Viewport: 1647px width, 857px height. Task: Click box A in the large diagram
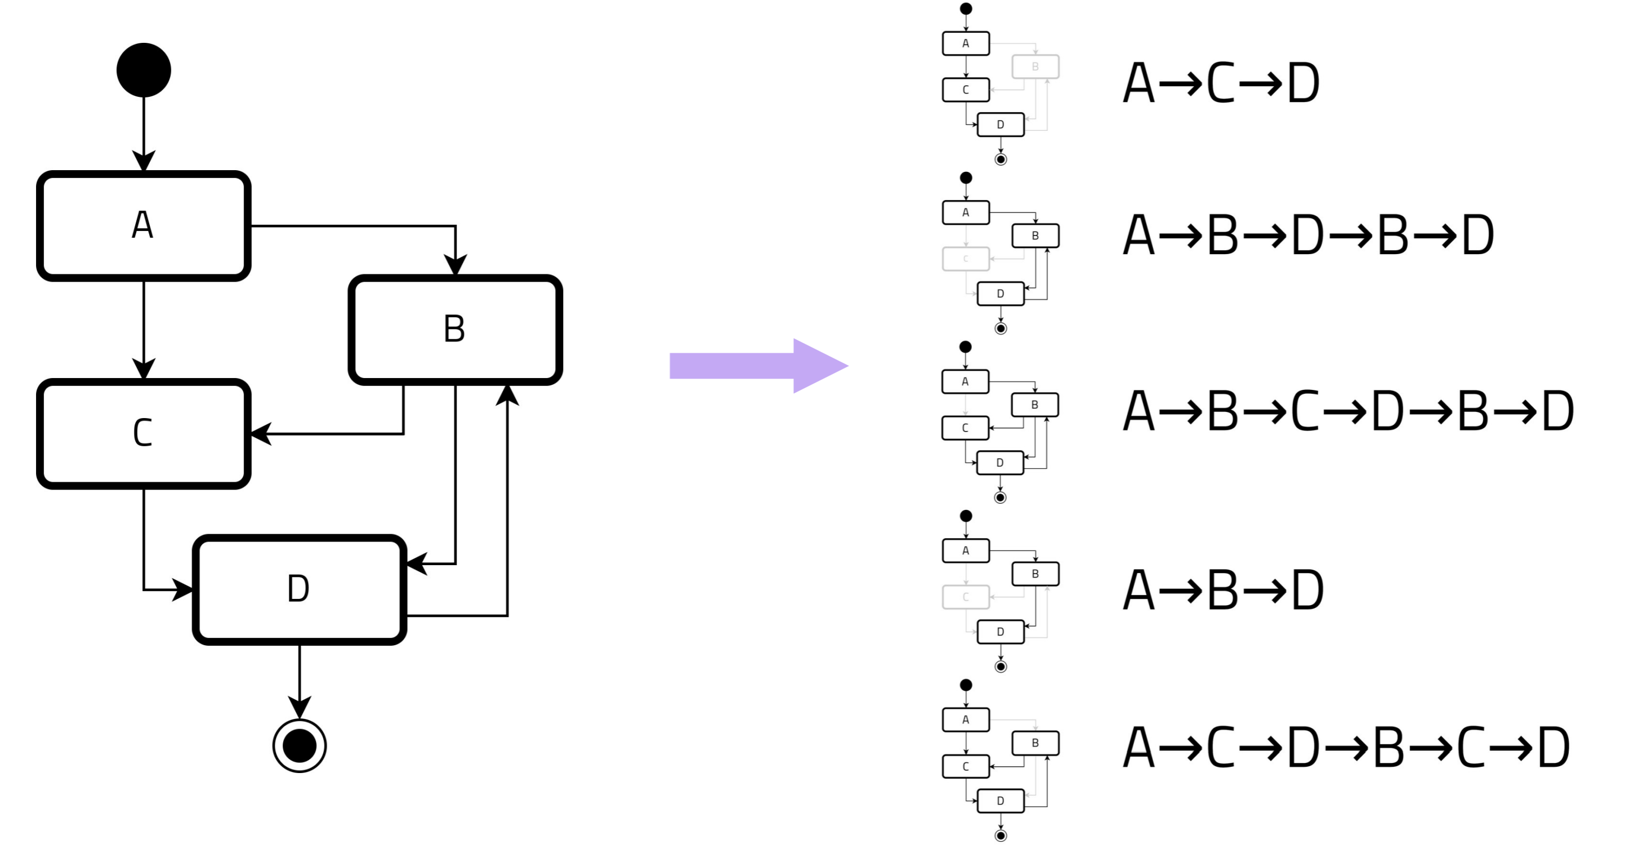[143, 225]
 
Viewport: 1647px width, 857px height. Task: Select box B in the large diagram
[454, 330]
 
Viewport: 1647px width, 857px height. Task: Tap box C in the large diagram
[143, 434]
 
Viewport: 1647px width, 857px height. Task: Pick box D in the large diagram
[299, 589]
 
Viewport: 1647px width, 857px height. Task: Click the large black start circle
[143, 70]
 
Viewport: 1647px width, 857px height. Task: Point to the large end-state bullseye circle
[299, 745]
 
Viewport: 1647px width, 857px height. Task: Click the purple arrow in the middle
[758, 366]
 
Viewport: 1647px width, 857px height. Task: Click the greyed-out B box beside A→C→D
[1035, 66]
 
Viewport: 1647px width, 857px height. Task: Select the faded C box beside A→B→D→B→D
[966, 259]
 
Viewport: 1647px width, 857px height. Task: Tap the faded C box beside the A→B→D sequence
[966, 597]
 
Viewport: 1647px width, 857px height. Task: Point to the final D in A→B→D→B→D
[1478, 236]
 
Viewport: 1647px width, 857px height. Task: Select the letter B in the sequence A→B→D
[1222, 590]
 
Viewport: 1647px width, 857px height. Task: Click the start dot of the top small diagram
[966, 9]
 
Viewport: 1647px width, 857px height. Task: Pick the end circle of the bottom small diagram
[1001, 835]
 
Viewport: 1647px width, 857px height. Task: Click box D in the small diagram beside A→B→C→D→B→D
[1000, 463]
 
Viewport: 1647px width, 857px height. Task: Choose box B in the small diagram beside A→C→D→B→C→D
[1035, 743]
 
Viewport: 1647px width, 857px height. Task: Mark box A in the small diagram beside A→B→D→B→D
[966, 212]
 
